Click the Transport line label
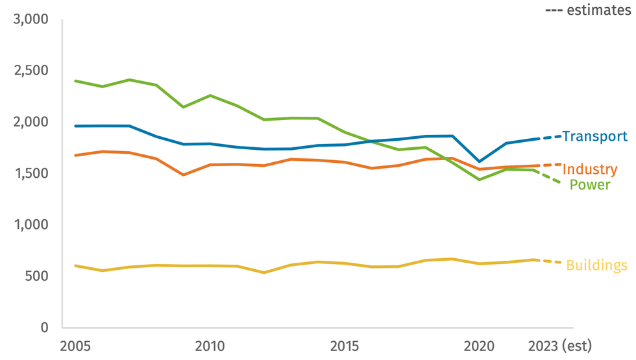594,136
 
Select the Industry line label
590,169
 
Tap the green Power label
590,185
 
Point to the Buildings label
596,265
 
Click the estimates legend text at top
588,10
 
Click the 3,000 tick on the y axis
31,19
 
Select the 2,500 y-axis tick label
31,71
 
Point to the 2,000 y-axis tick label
31,122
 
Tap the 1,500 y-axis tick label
31,173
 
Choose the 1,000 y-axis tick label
31,224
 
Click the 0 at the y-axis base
44,328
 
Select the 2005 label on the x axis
76,346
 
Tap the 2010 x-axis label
210,346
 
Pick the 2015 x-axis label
345,346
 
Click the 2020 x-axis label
479,346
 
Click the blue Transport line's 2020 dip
479,162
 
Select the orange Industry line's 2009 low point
184,174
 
